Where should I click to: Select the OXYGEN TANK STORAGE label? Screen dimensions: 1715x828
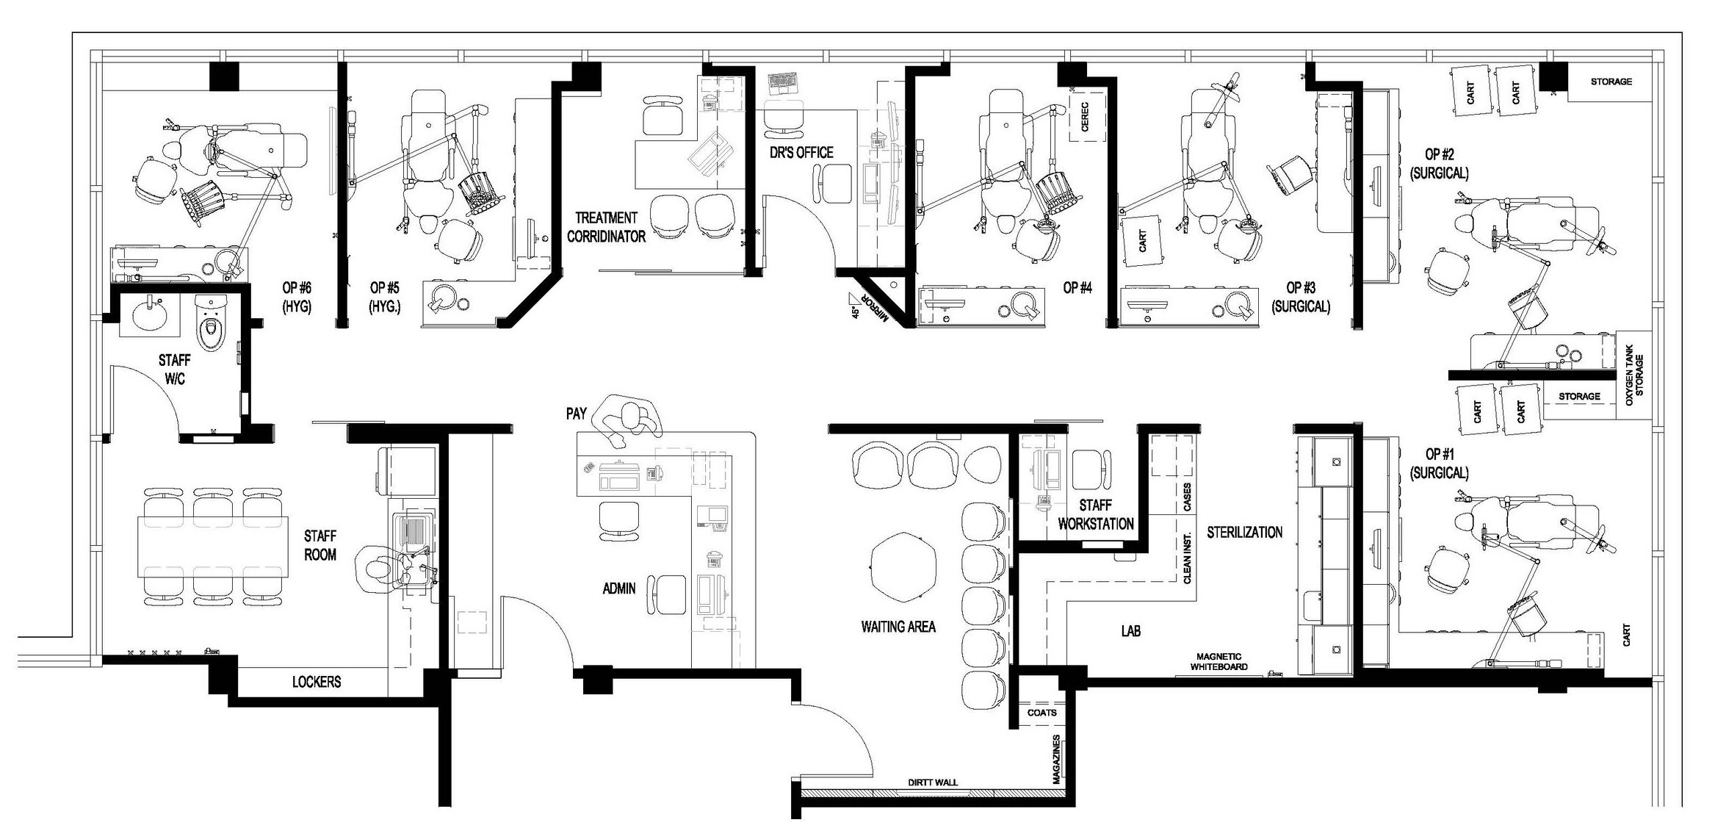[1634, 375]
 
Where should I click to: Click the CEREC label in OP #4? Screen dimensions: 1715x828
[1085, 117]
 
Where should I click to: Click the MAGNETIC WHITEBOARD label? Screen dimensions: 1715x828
[1219, 662]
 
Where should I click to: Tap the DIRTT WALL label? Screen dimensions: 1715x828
[933, 782]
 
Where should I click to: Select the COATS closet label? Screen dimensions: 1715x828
[1042, 713]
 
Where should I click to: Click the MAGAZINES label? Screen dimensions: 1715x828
[1057, 759]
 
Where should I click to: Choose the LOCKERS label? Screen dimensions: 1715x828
[317, 682]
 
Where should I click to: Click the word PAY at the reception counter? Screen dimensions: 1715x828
[577, 414]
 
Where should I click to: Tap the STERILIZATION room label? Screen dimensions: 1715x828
[1245, 532]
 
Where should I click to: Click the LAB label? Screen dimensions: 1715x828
[1131, 630]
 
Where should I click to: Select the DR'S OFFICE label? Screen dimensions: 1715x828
[801, 153]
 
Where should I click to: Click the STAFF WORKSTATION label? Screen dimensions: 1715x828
[1096, 514]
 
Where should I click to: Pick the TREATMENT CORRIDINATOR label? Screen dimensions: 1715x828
[607, 227]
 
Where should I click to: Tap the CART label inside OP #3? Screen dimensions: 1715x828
[1142, 241]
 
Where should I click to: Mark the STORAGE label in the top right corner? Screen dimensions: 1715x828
[1611, 82]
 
